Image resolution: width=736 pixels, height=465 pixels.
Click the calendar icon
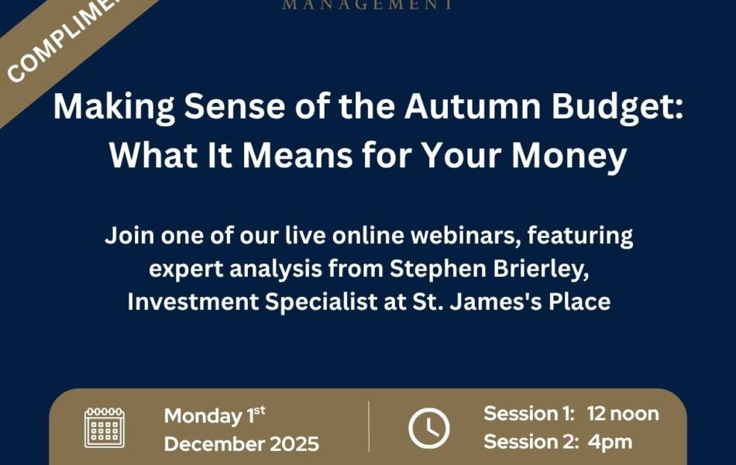[104, 428]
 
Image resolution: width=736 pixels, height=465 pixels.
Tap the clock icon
[428, 428]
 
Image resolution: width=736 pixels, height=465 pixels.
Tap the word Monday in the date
[202, 416]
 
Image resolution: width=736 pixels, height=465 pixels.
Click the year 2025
[288, 444]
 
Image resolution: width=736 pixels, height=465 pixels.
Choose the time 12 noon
[622, 414]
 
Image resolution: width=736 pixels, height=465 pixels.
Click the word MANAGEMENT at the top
[367, 5]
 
